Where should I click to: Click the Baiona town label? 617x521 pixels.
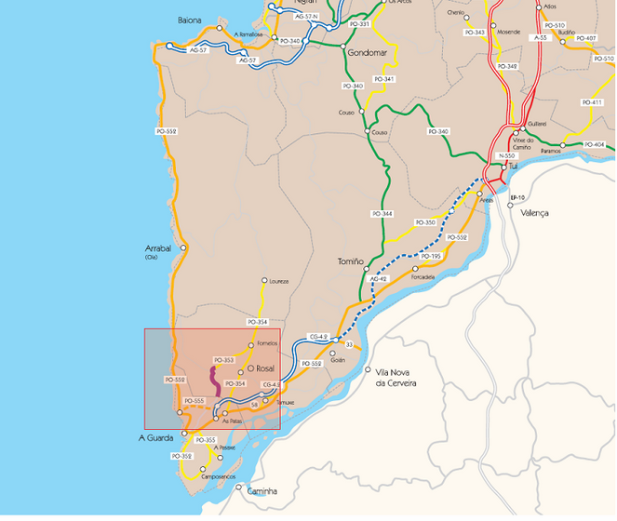click(x=189, y=19)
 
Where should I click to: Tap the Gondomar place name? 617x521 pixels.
click(x=366, y=53)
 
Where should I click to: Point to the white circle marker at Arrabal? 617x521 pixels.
click(x=183, y=247)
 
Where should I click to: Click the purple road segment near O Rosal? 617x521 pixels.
click(x=216, y=382)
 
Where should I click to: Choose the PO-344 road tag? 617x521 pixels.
click(x=382, y=214)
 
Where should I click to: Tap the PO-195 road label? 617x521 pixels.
click(x=431, y=256)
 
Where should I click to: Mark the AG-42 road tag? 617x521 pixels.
click(x=377, y=279)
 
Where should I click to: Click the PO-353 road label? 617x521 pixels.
click(x=223, y=360)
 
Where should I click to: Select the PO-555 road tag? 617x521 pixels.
click(x=194, y=401)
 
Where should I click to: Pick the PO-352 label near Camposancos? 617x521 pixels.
click(x=181, y=456)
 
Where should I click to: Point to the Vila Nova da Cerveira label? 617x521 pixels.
click(x=395, y=377)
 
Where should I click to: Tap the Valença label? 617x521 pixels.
click(x=535, y=213)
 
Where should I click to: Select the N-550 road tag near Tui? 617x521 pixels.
click(x=506, y=155)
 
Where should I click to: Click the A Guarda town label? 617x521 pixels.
click(x=156, y=437)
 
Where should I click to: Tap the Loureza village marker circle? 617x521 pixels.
click(x=264, y=280)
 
